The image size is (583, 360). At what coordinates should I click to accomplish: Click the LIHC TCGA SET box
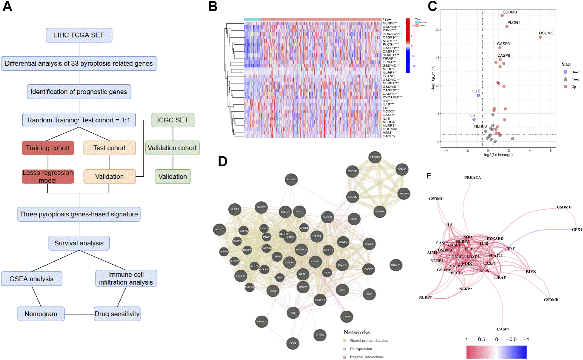[x=79, y=35]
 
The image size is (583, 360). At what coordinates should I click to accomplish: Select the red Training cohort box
[x=48, y=148]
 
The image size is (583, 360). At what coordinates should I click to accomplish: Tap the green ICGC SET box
[x=173, y=120]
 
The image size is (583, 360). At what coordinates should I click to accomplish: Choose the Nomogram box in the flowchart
[x=41, y=314]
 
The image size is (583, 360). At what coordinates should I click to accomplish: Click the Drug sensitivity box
[x=117, y=314]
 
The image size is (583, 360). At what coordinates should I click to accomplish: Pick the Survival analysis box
[x=79, y=243]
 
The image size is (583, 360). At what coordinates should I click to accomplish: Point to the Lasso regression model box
[x=48, y=176]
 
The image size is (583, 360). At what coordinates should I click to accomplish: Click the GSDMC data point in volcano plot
[x=540, y=37]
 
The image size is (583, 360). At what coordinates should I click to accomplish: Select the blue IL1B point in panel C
[x=478, y=95]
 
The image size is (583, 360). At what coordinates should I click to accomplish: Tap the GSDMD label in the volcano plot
[x=510, y=12]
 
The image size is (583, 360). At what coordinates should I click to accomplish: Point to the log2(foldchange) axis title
[x=498, y=155]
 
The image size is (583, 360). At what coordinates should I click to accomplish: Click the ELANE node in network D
[x=291, y=179]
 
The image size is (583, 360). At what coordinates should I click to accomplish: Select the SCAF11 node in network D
[x=396, y=265]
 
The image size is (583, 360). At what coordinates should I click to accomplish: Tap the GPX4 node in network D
[x=293, y=343]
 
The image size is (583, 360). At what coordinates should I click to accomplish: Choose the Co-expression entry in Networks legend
[x=361, y=349]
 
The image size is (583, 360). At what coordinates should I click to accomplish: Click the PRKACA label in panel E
[x=472, y=178]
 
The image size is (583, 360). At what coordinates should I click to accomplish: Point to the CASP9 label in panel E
[x=503, y=329]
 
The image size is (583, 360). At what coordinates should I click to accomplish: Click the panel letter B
[x=213, y=7]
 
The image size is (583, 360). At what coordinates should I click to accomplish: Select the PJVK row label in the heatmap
[x=389, y=30]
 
